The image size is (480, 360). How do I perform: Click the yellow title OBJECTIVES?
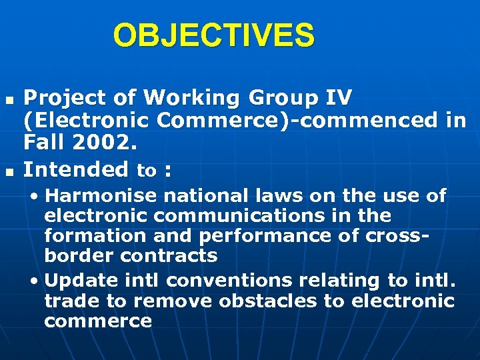pyautogui.click(x=213, y=35)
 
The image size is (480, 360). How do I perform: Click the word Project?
pyautogui.click(x=65, y=98)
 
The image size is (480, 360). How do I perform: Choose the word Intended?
pyautogui.click(x=76, y=170)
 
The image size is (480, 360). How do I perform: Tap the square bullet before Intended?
pyautogui.click(x=9, y=171)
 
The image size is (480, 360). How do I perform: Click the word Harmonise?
pyautogui.click(x=101, y=196)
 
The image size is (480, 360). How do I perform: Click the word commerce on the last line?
pyautogui.click(x=98, y=321)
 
